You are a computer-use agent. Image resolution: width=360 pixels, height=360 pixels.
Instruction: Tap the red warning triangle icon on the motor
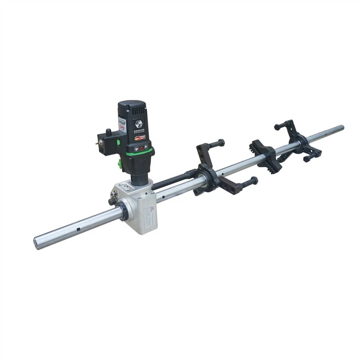[x=142, y=147]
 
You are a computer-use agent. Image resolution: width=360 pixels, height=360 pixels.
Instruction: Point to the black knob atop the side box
[x=108, y=132]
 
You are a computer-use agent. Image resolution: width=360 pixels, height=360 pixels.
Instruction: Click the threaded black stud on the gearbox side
[x=113, y=201]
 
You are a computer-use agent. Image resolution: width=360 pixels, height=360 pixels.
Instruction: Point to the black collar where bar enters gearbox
[x=123, y=213]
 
